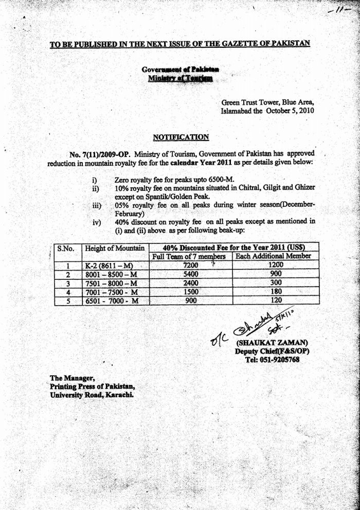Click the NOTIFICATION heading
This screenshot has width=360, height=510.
[181, 137]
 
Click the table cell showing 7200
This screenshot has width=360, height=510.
[190, 265]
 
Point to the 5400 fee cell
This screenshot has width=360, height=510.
[190, 274]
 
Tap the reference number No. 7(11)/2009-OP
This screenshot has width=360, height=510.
[99, 154]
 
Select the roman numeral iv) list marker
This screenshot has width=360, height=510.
[96, 222]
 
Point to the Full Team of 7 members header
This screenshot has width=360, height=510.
[190, 256]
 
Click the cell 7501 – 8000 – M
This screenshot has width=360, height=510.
[112, 283]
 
